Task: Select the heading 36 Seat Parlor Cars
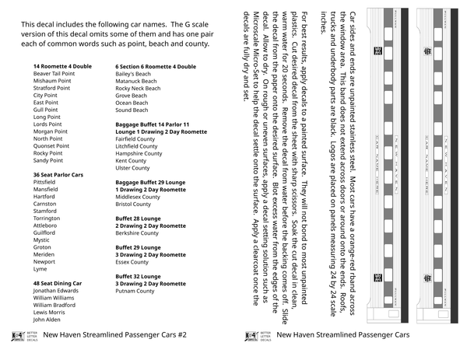(x=58, y=176)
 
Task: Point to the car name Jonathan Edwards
(x=56, y=292)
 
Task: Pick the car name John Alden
(x=47, y=320)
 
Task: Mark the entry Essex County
(x=132, y=263)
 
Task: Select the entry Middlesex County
(x=138, y=197)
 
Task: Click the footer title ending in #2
(x=116, y=335)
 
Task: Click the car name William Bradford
(x=56, y=306)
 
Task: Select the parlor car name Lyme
(x=40, y=269)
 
